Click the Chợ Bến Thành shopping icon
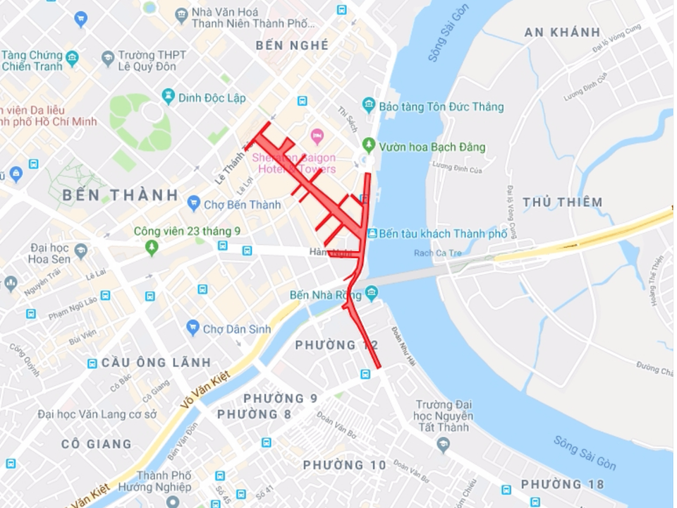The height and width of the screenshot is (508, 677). pos(194,205)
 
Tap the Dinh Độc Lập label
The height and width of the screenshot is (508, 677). pos(212,98)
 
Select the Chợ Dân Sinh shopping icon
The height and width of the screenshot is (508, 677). pos(193,328)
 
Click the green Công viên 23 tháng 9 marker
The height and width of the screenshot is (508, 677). pos(152,248)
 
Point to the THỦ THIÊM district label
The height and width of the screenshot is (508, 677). pos(563,202)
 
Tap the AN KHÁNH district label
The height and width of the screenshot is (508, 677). pos(563,32)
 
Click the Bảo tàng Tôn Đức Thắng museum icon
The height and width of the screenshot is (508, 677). pos(369,106)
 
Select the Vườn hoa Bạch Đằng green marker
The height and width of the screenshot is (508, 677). pos(368,147)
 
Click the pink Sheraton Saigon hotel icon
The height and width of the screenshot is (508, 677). pos(317,133)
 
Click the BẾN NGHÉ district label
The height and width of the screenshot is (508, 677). pos(293,45)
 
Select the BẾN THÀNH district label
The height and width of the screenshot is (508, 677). pos(121,195)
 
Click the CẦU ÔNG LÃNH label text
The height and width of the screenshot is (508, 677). pos(156,363)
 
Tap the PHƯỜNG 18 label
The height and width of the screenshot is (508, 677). pos(563,484)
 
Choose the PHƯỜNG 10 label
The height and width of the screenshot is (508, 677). pos(345,465)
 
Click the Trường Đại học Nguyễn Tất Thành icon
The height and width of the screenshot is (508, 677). pos(443,444)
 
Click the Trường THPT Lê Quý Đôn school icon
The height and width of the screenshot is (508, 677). pos(108,56)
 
